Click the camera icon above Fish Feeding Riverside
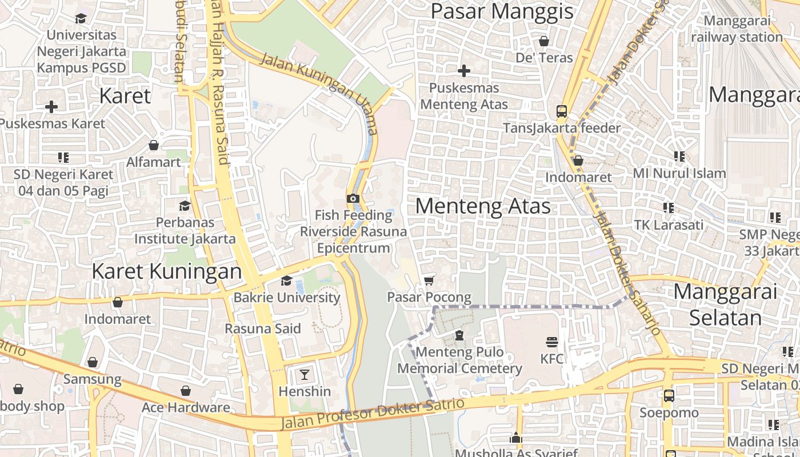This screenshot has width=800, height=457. [353, 199]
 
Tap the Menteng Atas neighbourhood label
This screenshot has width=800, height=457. [483, 206]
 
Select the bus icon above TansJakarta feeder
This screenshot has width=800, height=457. [562, 111]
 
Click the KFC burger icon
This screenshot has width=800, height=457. [551, 342]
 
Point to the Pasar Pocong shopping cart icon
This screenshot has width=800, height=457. [429, 280]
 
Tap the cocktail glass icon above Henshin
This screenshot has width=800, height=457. [305, 375]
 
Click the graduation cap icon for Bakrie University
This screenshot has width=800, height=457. [286, 280]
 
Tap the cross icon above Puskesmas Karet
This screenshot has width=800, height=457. [51, 107]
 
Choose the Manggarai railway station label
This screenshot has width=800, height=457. [736, 29]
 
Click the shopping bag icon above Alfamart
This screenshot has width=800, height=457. [153, 145]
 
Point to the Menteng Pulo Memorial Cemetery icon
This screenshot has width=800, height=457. [459, 335]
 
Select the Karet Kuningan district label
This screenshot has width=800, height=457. [167, 271]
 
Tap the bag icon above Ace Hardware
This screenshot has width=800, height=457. [186, 391]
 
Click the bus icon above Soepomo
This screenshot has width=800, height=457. [669, 395]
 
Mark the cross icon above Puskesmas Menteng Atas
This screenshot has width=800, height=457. [464, 71]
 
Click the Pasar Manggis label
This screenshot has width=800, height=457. [501, 11]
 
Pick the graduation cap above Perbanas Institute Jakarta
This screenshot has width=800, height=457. [185, 206]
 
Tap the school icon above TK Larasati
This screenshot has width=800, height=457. [668, 208]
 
